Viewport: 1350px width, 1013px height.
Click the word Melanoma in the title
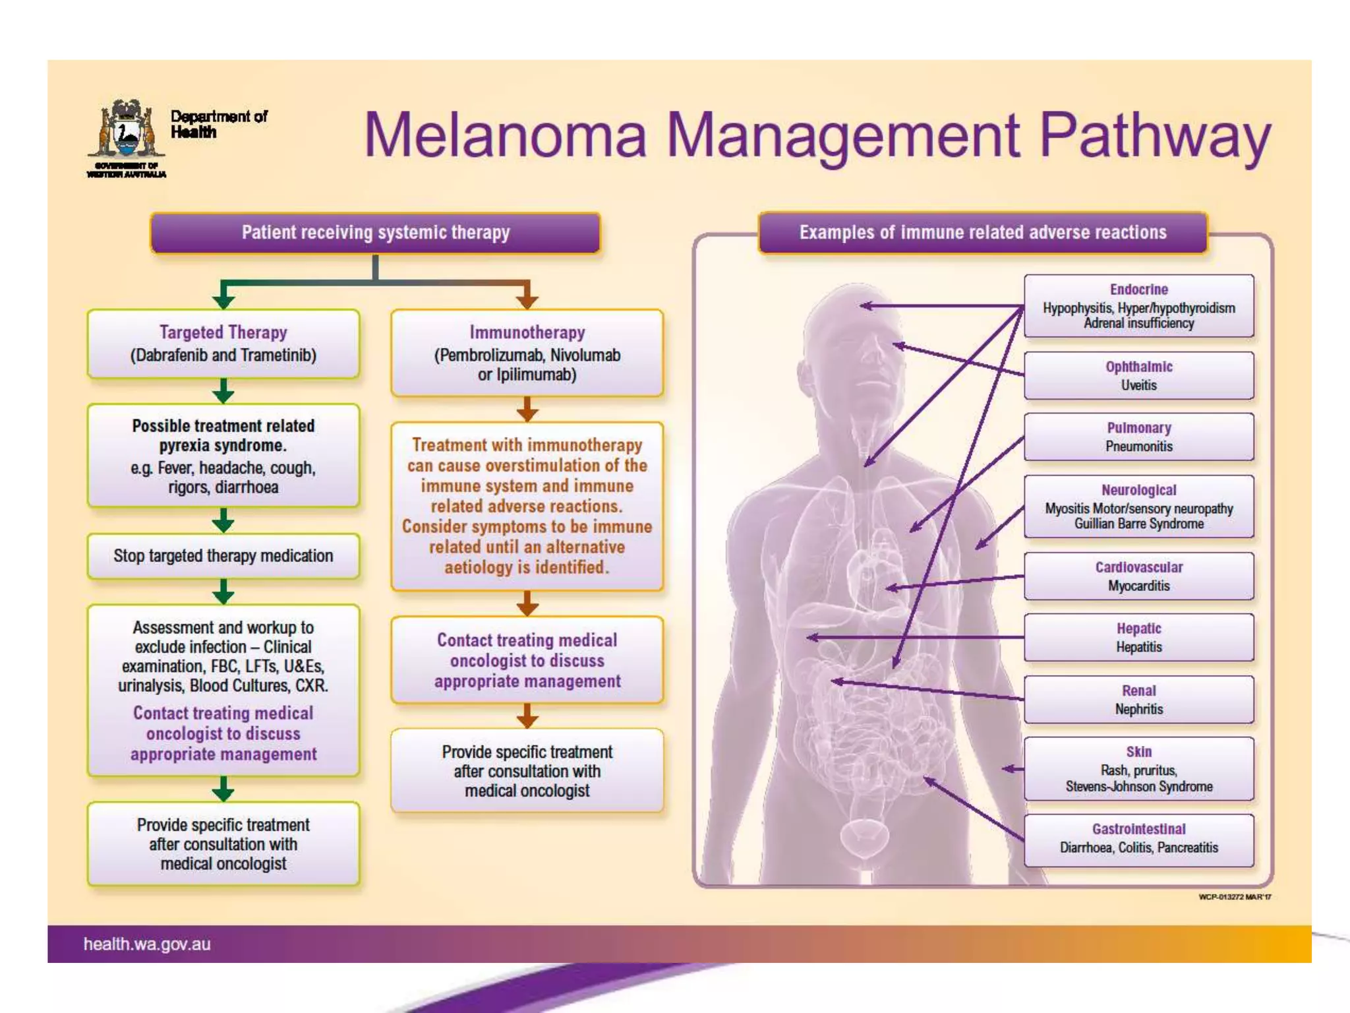point(505,136)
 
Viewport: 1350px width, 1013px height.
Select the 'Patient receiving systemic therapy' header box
point(376,233)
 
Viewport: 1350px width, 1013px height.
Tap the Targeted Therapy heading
point(223,332)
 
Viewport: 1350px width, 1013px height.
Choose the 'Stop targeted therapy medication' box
point(223,556)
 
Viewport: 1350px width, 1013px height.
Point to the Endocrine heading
point(1138,290)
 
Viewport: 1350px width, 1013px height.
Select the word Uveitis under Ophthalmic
point(1138,385)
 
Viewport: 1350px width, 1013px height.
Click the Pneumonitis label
point(1138,446)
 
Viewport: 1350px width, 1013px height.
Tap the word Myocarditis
point(1138,586)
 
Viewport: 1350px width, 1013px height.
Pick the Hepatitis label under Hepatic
point(1138,647)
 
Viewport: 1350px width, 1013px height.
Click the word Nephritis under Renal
point(1138,710)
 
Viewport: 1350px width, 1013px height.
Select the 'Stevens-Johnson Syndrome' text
point(1138,787)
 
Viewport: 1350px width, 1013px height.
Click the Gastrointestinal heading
point(1138,829)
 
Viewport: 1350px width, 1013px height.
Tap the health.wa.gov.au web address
point(147,944)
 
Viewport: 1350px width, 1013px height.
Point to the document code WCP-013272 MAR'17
point(1235,897)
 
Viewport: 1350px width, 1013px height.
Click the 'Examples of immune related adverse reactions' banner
point(983,233)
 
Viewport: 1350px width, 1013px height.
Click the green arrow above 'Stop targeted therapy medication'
point(223,521)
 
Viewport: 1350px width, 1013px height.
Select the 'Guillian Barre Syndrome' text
point(1138,524)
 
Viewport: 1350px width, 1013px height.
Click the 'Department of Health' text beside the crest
point(218,124)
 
